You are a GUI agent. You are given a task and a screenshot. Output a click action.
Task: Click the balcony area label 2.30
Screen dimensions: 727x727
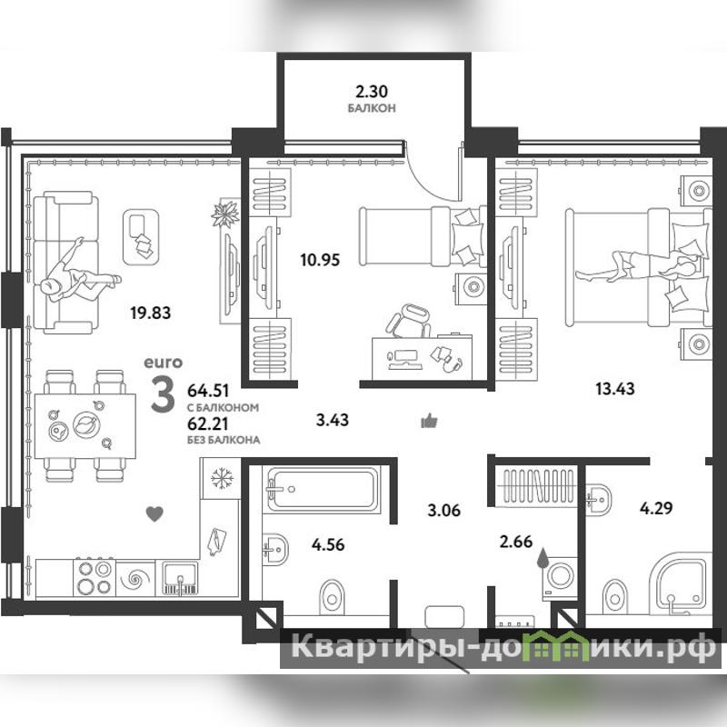[x=372, y=92]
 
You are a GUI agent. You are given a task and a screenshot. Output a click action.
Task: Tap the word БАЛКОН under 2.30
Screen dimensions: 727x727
[x=372, y=108]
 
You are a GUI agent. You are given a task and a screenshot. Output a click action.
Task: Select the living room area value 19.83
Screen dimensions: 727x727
[x=150, y=313]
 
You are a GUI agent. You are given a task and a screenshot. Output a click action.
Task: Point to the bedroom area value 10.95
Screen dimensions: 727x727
[x=320, y=260]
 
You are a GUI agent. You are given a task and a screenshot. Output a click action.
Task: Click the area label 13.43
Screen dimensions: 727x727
[x=615, y=389]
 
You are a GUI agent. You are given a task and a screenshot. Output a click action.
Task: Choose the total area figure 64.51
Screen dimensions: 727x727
[x=208, y=391]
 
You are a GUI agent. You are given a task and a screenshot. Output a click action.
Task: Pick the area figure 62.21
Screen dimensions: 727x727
[x=208, y=423]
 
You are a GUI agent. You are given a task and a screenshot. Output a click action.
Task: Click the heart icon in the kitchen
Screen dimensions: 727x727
[x=154, y=513]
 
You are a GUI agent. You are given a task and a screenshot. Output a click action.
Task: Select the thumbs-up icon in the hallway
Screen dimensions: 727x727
[x=429, y=421]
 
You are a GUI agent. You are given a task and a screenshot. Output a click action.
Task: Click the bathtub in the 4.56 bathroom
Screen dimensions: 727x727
[x=322, y=490]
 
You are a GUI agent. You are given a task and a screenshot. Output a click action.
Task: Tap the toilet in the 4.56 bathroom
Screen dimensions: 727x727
[x=332, y=597]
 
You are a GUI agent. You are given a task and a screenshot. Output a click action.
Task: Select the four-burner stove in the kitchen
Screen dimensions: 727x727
[x=95, y=577]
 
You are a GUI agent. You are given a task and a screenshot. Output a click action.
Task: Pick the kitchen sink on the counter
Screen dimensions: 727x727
[x=181, y=578]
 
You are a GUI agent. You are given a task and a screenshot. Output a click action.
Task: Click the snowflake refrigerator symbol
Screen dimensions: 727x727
[x=221, y=479]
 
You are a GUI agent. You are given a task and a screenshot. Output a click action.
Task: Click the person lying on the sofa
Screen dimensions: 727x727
[x=80, y=275]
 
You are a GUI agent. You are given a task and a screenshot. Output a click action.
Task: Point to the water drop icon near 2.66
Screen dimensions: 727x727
[x=541, y=557]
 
